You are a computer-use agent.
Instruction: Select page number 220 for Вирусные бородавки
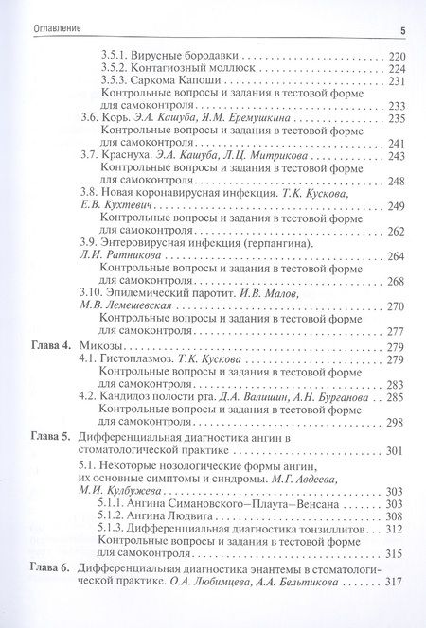397,56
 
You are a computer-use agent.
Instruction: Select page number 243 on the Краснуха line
397,155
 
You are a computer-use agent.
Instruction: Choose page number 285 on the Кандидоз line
397,397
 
